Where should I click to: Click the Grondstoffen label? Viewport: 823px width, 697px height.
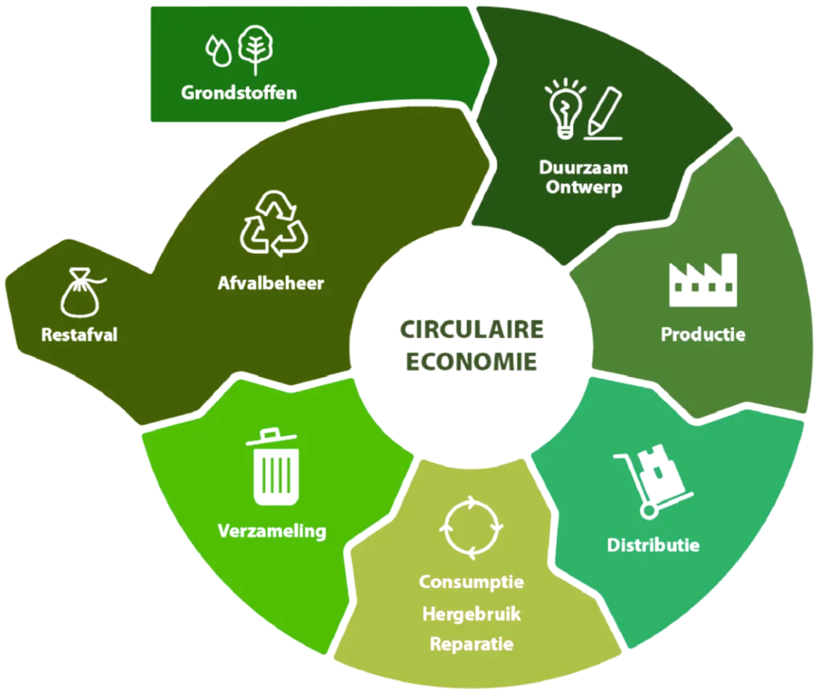(x=239, y=92)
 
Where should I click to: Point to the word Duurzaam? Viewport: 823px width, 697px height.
(x=583, y=169)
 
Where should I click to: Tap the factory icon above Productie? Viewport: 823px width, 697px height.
(x=703, y=280)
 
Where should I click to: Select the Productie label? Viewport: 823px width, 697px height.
(x=702, y=333)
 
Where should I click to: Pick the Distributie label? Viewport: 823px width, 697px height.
(x=653, y=545)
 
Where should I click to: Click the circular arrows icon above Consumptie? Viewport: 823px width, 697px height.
(x=472, y=528)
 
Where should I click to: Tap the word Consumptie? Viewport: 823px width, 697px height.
(x=472, y=581)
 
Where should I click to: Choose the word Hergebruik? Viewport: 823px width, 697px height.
(x=472, y=613)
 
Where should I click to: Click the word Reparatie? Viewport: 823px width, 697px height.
(x=472, y=644)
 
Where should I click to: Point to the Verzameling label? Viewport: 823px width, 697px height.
(x=272, y=531)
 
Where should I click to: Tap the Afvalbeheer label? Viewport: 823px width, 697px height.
(x=270, y=283)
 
